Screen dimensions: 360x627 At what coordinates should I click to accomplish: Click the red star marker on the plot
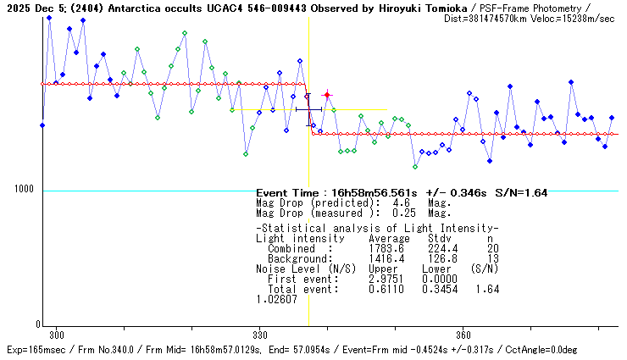coord(327,96)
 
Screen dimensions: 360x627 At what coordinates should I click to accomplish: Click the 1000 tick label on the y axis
coord(24,191)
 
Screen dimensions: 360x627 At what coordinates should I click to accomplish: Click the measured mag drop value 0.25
coord(402,213)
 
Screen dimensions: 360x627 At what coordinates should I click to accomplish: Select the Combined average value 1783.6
coord(386,248)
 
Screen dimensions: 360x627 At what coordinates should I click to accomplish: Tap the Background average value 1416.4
coord(386,258)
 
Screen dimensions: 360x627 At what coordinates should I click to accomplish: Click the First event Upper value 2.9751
coord(386,279)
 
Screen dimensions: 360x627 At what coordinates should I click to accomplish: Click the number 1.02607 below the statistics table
coord(277,300)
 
